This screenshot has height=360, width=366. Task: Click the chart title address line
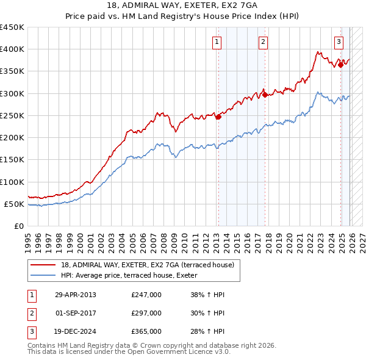[x=183, y=6]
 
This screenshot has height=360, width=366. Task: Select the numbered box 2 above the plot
[x=263, y=42]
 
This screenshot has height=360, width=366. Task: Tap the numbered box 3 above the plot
[x=339, y=42]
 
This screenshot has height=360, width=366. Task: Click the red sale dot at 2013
[x=218, y=117]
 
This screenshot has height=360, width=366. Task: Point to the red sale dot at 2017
[x=265, y=95]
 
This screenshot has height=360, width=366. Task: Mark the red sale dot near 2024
[x=340, y=65]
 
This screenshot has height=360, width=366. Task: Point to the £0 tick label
[x=19, y=226]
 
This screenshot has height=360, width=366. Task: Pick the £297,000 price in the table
[x=146, y=313]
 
